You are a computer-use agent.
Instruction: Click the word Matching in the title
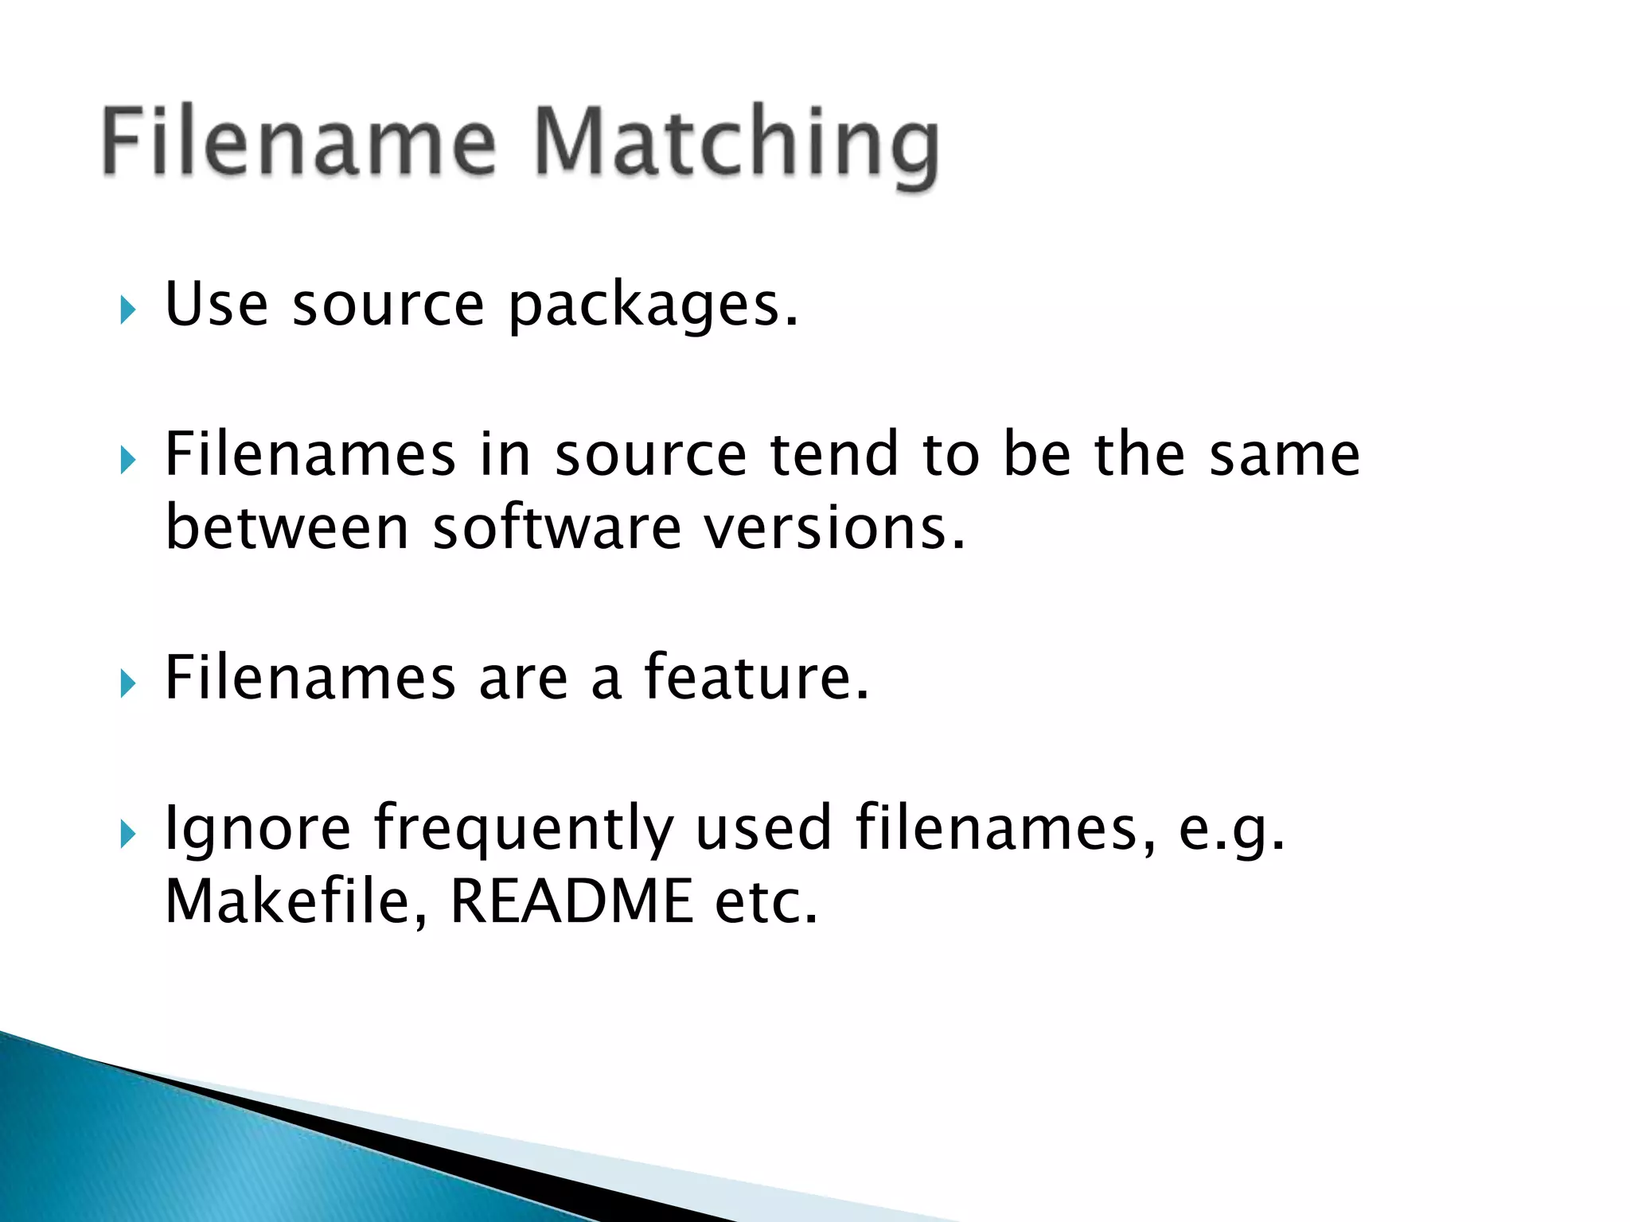tap(736, 143)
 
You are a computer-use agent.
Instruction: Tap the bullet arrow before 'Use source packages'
tap(128, 309)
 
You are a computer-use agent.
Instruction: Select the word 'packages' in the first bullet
tap(652, 306)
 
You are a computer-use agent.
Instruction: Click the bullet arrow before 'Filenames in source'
tap(128, 460)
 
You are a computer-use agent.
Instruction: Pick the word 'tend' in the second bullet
tap(834, 454)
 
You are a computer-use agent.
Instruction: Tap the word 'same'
tap(1284, 454)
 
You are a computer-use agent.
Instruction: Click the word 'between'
tap(287, 527)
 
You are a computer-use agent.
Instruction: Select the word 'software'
tap(556, 527)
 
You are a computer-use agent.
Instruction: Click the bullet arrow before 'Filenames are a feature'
tap(128, 683)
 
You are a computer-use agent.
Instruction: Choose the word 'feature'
tap(755, 678)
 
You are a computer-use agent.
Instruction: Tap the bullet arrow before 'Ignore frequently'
tap(128, 835)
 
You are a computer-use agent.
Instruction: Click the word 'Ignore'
tap(257, 829)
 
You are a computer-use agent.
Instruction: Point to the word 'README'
tap(571, 901)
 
